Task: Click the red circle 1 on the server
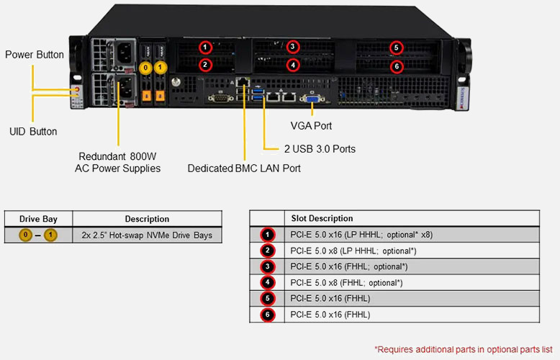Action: point(206,48)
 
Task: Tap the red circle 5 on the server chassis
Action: point(396,48)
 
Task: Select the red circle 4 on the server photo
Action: point(292,66)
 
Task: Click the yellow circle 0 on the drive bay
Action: point(146,68)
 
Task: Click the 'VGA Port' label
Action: point(311,126)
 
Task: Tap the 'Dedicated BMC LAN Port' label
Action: point(244,168)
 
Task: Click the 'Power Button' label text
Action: point(35,55)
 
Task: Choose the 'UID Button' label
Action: point(33,132)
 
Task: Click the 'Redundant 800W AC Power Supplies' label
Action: point(118,162)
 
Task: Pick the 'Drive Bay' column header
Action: point(39,219)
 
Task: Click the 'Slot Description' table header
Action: point(322,218)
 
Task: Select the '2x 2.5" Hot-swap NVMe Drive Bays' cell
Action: point(147,235)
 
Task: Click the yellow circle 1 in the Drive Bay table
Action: point(50,235)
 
